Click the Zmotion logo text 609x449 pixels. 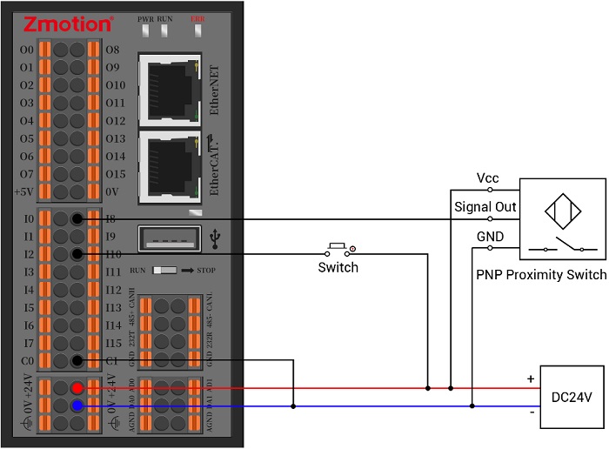click(66, 24)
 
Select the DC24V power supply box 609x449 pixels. click(572, 397)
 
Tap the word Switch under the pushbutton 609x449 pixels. click(338, 267)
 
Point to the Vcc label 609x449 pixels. click(487, 178)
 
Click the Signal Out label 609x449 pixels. click(485, 207)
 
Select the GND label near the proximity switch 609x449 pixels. click(488, 237)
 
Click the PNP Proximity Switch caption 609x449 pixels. click(541, 275)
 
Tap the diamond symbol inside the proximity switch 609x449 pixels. click(561, 210)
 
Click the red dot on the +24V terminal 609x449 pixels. click(78, 388)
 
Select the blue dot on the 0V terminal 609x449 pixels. click(78, 405)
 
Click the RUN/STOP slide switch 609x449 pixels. click(163, 271)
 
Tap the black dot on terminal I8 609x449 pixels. click(78, 218)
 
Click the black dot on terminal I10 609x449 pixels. click(78, 254)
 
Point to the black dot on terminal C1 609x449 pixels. click(78, 361)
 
